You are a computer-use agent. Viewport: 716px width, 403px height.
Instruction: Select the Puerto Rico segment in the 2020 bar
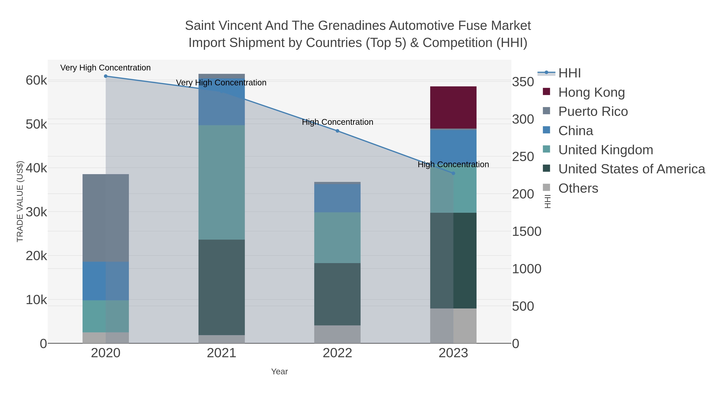[x=106, y=218]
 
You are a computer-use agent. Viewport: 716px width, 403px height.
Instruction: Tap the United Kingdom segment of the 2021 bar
[x=222, y=182]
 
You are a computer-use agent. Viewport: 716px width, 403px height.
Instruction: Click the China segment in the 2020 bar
[x=106, y=281]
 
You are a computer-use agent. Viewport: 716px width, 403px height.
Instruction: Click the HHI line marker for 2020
[x=106, y=76]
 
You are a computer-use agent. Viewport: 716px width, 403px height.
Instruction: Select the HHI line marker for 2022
[x=338, y=131]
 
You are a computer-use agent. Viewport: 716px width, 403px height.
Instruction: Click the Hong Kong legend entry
[x=591, y=92]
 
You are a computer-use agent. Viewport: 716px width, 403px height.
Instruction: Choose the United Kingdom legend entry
[x=605, y=150]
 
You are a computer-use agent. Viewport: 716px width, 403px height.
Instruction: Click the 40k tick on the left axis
[x=36, y=168]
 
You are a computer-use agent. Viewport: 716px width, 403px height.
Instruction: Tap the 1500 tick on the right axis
[x=526, y=232]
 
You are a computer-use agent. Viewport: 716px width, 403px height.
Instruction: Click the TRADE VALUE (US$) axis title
[x=20, y=201]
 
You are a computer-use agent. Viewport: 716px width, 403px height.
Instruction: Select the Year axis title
[x=279, y=372]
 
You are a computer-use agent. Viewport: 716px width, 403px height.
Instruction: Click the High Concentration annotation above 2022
[x=338, y=122]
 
